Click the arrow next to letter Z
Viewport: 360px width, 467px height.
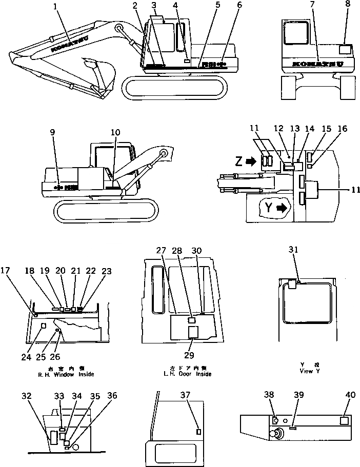(251, 162)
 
